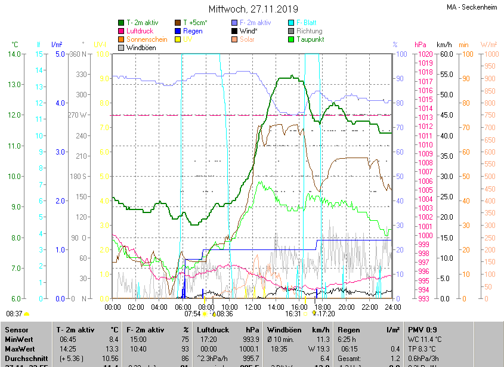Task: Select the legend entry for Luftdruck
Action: point(143,30)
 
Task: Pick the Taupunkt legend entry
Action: point(311,39)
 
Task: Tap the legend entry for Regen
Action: point(193,30)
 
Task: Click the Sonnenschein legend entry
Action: point(147,39)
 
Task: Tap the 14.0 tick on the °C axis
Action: point(13,54)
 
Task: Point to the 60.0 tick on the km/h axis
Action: point(444,54)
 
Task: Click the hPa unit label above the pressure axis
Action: point(420,45)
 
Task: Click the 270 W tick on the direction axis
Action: point(78,115)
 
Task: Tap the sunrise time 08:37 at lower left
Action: point(14,313)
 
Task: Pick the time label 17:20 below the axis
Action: point(326,313)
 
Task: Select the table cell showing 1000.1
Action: point(249,349)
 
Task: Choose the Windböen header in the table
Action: point(283,329)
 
